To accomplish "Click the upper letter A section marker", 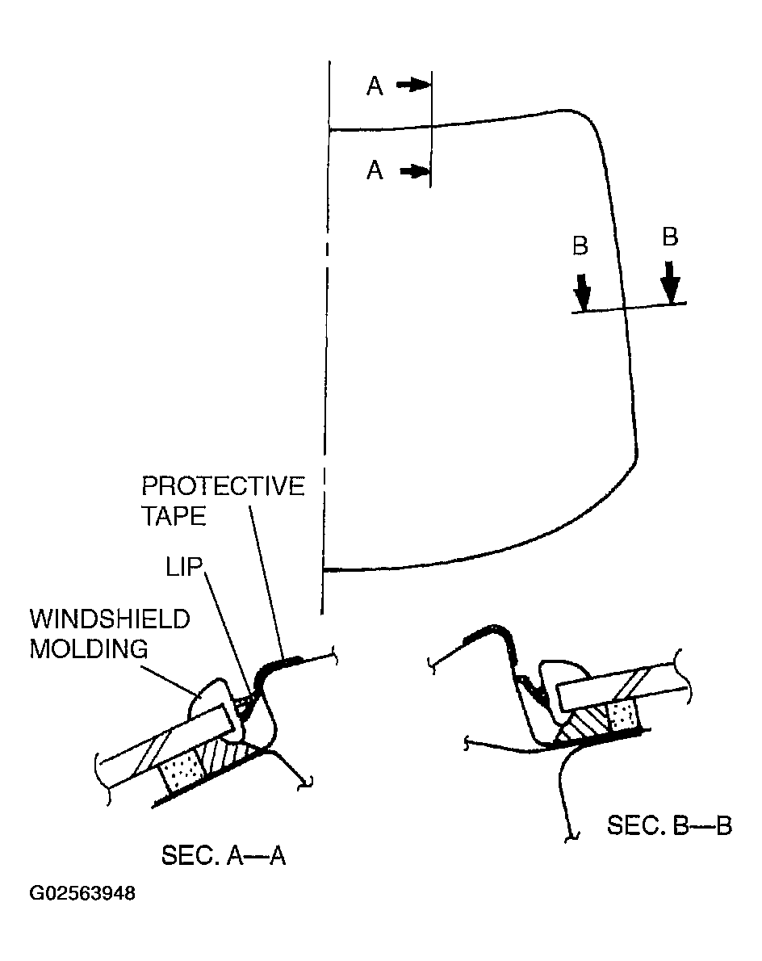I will (x=375, y=86).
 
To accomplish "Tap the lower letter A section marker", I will (x=375, y=170).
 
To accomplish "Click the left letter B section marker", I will (x=580, y=245).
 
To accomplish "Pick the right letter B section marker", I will (x=670, y=237).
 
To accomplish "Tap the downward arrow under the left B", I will (x=582, y=288).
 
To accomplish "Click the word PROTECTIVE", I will (x=223, y=487).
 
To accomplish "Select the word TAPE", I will (x=174, y=517).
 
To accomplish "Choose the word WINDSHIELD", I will (x=110, y=619).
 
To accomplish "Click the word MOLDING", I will (x=89, y=648).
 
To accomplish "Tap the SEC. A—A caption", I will (x=224, y=854).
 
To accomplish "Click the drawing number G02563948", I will (x=82, y=894).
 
